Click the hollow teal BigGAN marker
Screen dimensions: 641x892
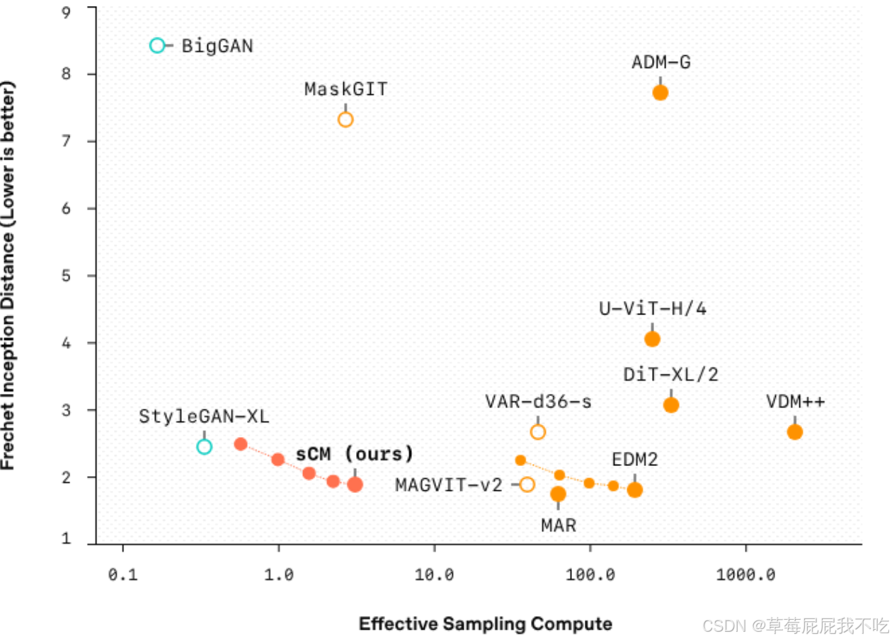click(x=157, y=45)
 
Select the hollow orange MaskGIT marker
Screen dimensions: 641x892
click(x=345, y=119)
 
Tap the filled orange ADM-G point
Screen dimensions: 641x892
click(x=661, y=92)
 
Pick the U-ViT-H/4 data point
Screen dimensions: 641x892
click(x=652, y=339)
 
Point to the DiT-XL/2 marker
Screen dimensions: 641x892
click(x=671, y=405)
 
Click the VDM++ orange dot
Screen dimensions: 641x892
click(x=795, y=432)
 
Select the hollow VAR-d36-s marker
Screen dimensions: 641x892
click(x=538, y=432)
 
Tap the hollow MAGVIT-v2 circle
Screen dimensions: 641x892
click(x=527, y=484)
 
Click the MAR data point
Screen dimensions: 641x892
click(x=558, y=494)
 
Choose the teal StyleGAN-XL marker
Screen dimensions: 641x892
click(x=205, y=446)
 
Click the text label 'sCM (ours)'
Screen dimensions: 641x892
click(x=355, y=454)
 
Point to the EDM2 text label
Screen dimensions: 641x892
click(x=635, y=460)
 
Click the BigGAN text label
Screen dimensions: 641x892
click(x=217, y=46)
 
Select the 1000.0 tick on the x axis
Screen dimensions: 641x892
click(x=745, y=574)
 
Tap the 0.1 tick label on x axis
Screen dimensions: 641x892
click(x=123, y=574)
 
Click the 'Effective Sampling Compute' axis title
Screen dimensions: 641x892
click(x=486, y=624)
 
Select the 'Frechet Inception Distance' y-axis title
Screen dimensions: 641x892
click(x=8, y=276)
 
